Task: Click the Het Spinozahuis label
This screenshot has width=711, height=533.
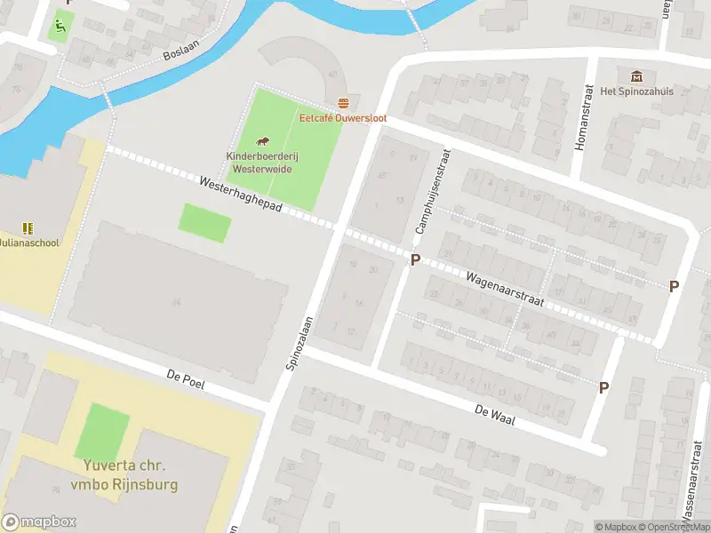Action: coord(636,91)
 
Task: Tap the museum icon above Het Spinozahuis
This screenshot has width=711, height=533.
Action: coord(635,76)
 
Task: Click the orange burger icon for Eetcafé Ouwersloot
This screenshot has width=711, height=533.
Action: coord(343,103)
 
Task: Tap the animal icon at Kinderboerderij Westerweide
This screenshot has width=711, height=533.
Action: coord(263,141)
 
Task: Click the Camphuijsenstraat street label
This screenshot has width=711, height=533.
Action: coord(433,191)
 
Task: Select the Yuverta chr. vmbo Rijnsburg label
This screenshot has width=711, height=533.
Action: coord(124,475)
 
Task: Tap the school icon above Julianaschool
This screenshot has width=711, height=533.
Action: coord(27,227)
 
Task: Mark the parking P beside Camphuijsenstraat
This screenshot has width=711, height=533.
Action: coord(414,259)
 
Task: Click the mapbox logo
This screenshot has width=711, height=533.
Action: coord(39,522)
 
